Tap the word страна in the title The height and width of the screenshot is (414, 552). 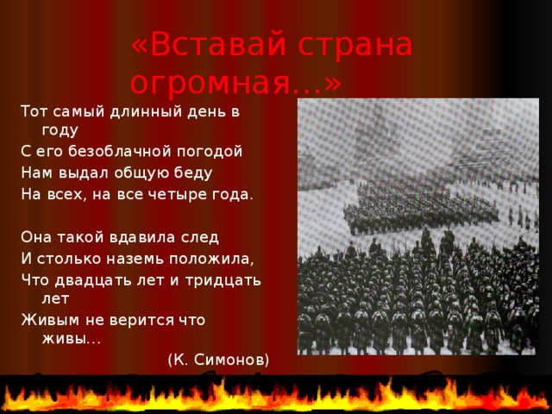(353, 45)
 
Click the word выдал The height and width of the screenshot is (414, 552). (77, 172)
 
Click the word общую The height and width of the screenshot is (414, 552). (129, 172)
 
